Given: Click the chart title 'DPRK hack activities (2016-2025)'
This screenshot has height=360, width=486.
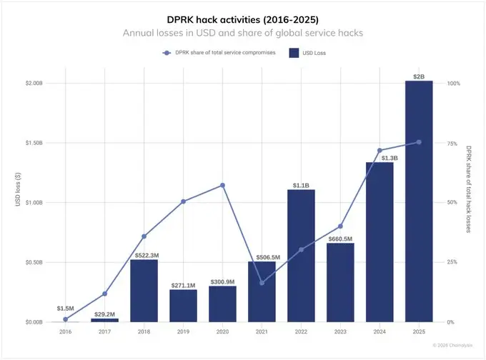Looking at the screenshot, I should click(244, 20).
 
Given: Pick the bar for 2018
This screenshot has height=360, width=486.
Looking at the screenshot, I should click(144, 291).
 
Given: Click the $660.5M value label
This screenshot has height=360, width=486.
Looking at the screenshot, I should click(340, 238).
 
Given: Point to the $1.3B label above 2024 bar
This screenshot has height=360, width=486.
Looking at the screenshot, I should click(380, 157).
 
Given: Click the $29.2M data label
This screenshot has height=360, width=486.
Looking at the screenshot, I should click(104, 314).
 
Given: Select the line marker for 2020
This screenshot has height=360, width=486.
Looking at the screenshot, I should click(222, 185).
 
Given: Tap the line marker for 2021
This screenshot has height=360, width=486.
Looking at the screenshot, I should click(262, 283).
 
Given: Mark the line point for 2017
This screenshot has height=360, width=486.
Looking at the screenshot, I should click(104, 294).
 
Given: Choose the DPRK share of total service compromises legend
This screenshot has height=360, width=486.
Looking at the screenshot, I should click(219, 53).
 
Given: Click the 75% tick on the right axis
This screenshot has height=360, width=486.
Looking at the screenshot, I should click(452, 143).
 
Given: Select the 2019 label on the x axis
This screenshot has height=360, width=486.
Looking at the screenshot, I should click(183, 332).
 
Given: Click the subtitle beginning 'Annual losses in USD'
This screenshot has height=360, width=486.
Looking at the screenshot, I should click(244, 34).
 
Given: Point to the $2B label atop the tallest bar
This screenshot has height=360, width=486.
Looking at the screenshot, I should click(419, 76).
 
